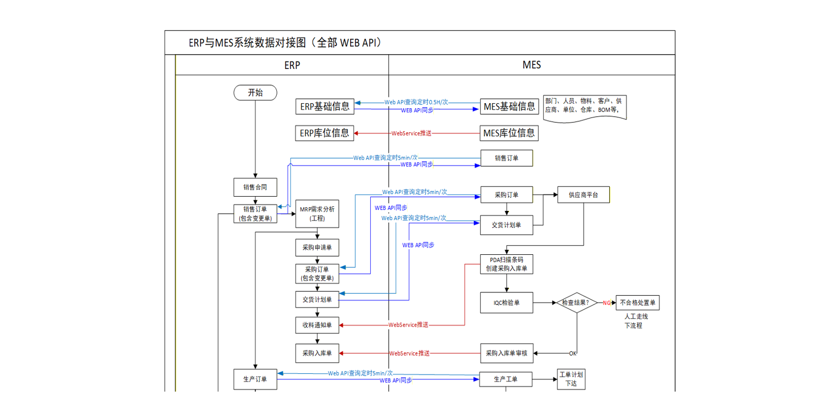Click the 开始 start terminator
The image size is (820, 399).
tap(255, 93)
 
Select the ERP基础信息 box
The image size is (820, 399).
tap(325, 106)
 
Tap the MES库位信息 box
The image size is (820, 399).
tap(509, 133)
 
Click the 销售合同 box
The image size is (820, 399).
tap(255, 187)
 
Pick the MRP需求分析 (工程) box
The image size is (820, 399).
tap(317, 214)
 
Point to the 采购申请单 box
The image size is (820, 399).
tap(317, 248)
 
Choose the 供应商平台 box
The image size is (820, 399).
tap(584, 195)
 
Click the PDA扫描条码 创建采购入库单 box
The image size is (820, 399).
tap(507, 264)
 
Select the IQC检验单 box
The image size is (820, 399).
tap(507, 303)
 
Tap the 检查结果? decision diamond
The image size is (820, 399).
tap(576, 303)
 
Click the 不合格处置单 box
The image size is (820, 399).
tap(638, 303)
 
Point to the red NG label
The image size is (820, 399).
tap(607, 303)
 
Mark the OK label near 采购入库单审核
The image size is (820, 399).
tap(573, 353)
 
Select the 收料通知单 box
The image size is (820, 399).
tap(317, 325)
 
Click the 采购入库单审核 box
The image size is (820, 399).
tap(507, 353)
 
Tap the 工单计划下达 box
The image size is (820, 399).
tap(571, 379)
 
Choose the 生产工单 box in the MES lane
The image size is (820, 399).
tap(506, 379)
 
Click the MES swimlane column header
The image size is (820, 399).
tap(531, 65)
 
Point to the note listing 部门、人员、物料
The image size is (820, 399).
tap(585, 106)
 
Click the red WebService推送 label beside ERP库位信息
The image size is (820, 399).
tap(411, 133)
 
